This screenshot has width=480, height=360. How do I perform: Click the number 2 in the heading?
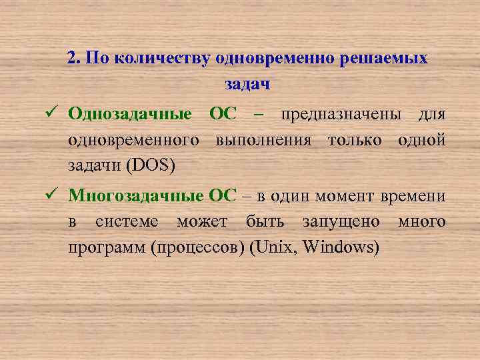coord(72,58)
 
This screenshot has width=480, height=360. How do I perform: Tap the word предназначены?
coord(341,114)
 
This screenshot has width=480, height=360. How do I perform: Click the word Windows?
coord(340,247)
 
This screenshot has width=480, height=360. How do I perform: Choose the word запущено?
coord(341,221)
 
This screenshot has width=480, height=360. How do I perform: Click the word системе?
coord(127,221)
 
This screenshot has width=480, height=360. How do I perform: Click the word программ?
coord(107,247)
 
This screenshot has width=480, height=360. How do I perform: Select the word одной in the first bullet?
coord(422,140)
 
